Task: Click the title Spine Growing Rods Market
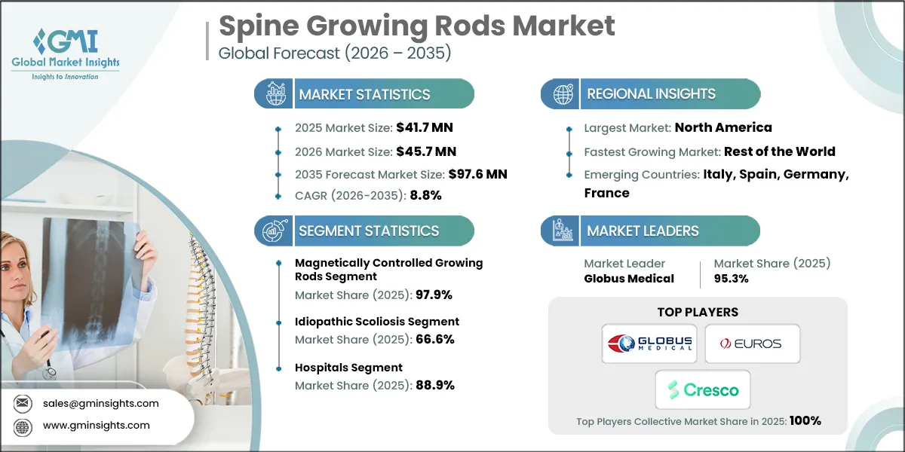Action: (x=416, y=26)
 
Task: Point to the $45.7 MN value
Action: (x=423, y=151)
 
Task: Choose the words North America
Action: (x=723, y=127)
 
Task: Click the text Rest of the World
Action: (x=779, y=151)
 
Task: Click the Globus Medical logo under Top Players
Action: (x=649, y=344)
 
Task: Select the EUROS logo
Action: (x=752, y=344)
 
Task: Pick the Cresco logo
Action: (x=702, y=389)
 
